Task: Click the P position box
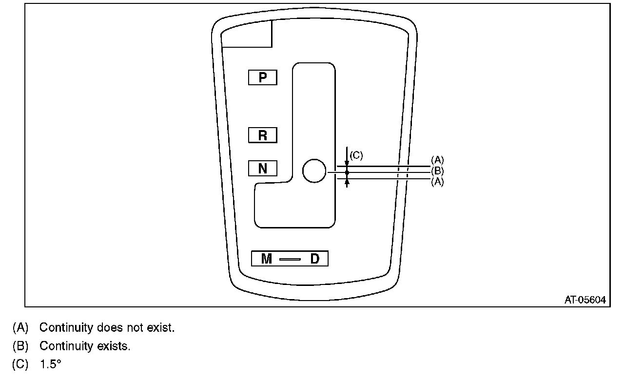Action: click(x=263, y=77)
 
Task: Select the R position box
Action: click(x=263, y=135)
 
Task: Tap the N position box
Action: click(x=263, y=169)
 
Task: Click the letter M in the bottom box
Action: click(x=266, y=259)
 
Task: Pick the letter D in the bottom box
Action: click(x=315, y=259)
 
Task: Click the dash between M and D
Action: click(x=290, y=259)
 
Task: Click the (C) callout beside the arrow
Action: click(x=356, y=155)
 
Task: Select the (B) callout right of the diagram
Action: click(x=437, y=171)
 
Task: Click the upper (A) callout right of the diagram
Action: click(x=437, y=160)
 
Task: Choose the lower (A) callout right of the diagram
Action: click(x=437, y=182)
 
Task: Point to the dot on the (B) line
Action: click(x=347, y=172)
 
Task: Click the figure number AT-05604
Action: click(x=585, y=300)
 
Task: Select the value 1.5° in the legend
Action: click(x=50, y=364)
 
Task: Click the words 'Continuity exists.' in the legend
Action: click(x=84, y=346)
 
